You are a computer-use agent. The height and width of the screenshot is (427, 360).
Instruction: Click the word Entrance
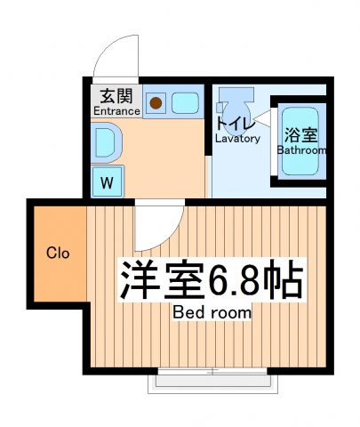tap(116, 112)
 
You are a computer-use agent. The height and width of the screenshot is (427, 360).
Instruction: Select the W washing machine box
tap(106, 184)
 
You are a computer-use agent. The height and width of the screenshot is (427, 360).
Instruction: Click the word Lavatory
tap(237, 139)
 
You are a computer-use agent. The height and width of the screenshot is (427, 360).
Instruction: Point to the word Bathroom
tap(301, 150)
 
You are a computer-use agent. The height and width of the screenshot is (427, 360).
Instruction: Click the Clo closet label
tap(58, 253)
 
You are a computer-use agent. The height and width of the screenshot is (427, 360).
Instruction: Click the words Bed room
tap(212, 313)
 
